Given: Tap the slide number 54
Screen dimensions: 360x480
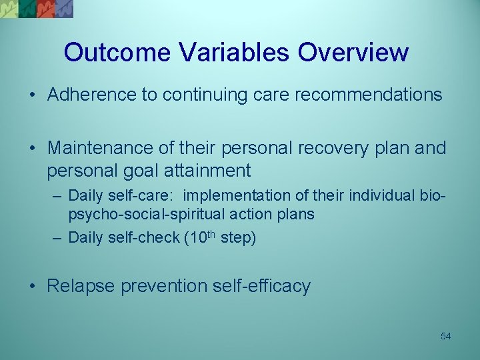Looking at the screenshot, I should (445, 336).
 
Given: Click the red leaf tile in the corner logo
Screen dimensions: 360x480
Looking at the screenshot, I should (45, 8).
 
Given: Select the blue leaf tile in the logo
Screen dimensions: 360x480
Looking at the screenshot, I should (64, 8).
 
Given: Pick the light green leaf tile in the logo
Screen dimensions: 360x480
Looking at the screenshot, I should (9, 8).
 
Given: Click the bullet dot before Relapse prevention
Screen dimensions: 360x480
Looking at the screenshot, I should (33, 287).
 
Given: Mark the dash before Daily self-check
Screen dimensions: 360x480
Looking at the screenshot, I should (58, 238).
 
